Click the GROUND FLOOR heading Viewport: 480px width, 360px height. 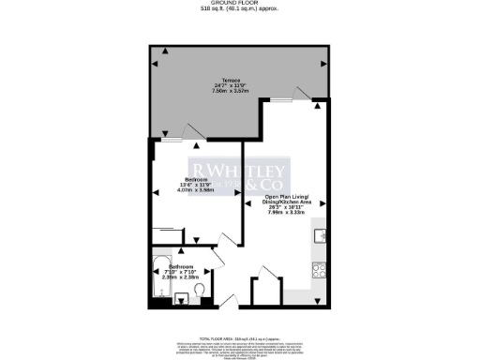[239, 4]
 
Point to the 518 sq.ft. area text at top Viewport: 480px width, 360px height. [239, 10]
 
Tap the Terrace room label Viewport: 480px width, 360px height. [231, 81]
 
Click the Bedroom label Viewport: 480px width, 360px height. [196, 179]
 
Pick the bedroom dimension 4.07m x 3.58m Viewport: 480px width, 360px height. [196, 190]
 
